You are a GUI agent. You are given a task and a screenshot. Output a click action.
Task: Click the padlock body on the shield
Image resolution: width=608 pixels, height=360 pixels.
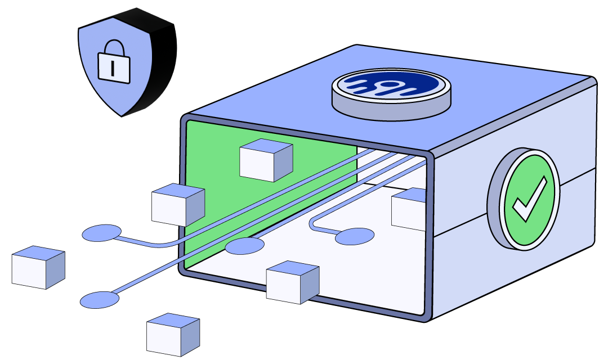(x=114, y=67)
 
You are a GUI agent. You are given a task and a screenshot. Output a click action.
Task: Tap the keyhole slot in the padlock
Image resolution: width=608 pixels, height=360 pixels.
(x=114, y=67)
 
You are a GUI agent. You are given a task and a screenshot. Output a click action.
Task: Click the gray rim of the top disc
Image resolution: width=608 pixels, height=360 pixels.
(x=391, y=110)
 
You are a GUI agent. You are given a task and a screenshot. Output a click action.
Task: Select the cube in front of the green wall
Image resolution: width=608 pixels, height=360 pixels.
(x=266, y=160)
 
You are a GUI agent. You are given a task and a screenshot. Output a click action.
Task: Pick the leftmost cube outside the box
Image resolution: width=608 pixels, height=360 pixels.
(x=38, y=268)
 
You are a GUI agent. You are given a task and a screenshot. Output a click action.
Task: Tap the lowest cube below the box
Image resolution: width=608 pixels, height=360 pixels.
(x=173, y=335)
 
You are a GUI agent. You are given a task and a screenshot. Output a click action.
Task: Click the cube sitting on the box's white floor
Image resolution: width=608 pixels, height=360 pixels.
(x=292, y=282)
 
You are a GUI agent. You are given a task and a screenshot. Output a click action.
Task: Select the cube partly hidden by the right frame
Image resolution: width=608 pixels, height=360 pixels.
(x=408, y=209)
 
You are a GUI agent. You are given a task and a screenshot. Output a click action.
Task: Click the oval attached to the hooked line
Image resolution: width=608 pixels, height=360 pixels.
(x=355, y=237)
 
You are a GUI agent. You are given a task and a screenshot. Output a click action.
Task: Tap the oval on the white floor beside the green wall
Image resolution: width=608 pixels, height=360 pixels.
(x=245, y=246)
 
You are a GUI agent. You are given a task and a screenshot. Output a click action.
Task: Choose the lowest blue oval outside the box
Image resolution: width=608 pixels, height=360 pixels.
(x=100, y=300)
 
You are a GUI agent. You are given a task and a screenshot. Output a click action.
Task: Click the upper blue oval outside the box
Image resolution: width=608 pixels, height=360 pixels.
(x=102, y=233)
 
